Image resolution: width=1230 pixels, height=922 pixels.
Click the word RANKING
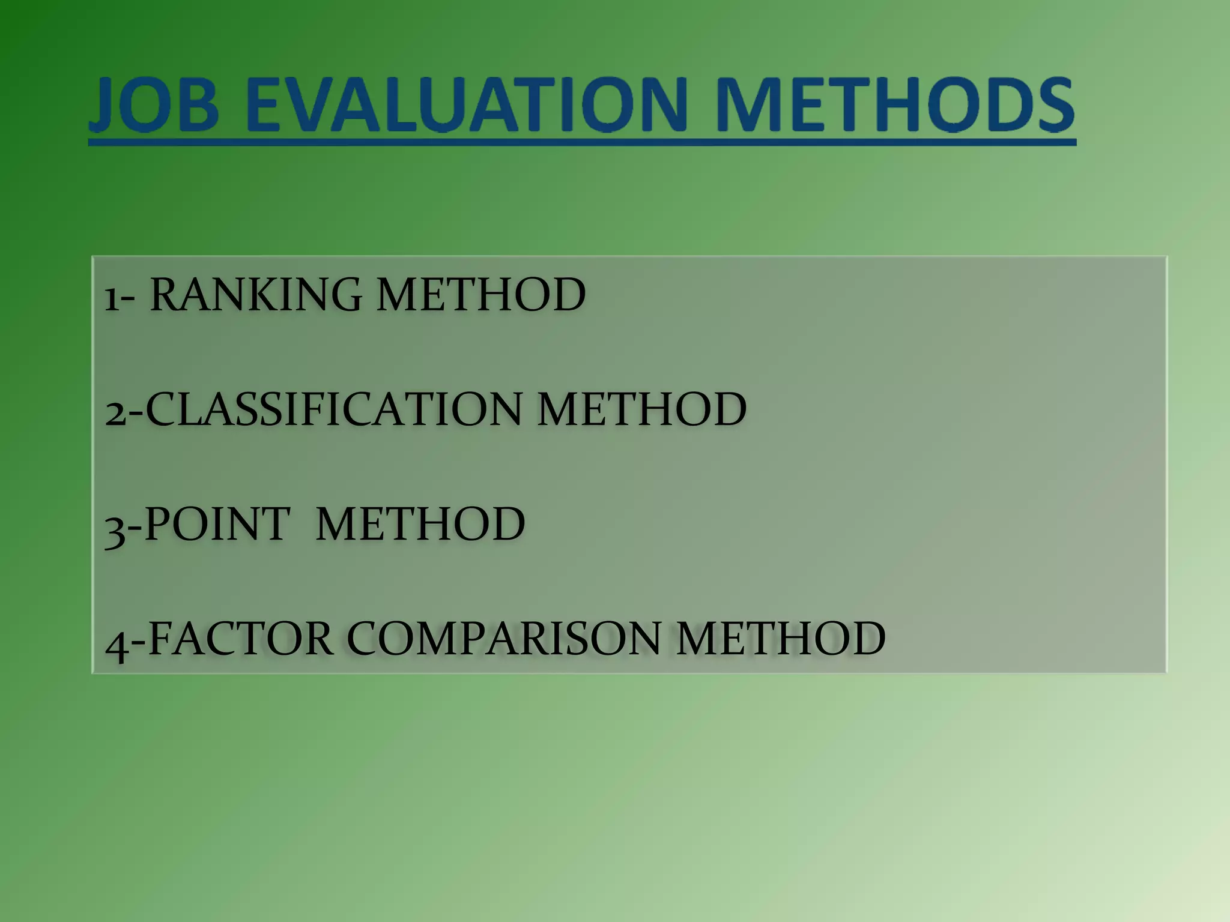(255, 295)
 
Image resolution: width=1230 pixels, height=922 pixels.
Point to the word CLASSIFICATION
(334, 409)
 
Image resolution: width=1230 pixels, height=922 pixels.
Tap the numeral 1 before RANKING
(111, 298)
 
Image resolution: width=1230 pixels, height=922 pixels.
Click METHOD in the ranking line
(481, 295)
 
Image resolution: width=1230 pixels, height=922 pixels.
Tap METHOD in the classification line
(642, 409)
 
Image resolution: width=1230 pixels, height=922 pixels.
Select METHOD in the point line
(420, 524)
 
